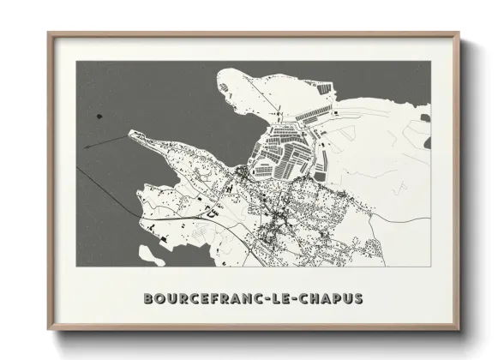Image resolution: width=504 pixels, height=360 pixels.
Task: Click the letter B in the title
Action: tap(150, 299)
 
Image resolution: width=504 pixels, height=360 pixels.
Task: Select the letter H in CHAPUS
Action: tap(314, 299)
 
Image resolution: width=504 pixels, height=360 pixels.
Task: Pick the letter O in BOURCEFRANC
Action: tap(162, 299)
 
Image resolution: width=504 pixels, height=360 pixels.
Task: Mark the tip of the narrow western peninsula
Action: tap(129, 133)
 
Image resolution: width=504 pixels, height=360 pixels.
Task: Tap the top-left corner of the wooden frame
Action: tap(49, 33)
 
